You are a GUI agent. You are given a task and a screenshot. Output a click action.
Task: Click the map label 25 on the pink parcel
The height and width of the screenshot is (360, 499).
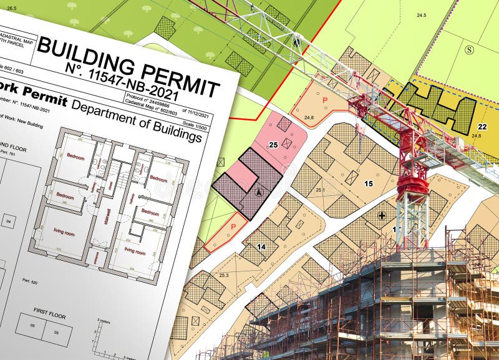click(273, 145)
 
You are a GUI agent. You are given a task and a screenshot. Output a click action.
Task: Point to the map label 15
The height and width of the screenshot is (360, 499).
click(368, 183)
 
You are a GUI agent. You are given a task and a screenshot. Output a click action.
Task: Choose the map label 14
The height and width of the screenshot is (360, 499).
click(261, 247)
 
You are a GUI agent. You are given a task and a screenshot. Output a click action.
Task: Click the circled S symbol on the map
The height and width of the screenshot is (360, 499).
click(469, 49)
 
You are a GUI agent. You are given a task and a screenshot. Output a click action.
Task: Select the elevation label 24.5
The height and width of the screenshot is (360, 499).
click(422, 15)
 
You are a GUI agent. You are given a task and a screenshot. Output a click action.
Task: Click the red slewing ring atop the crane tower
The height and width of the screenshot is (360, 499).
click(413, 185)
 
